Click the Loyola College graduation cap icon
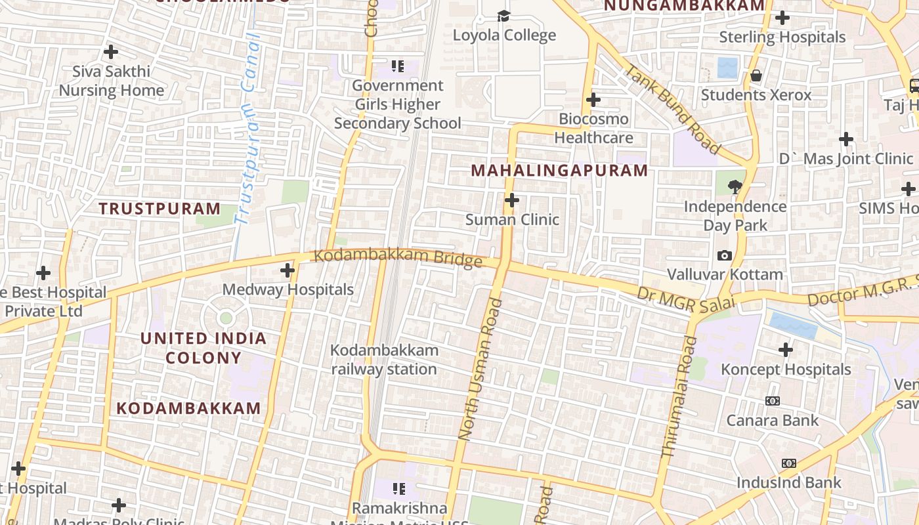(x=503, y=16)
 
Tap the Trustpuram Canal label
(x=248, y=128)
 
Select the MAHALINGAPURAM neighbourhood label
(x=559, y=171)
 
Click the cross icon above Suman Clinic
(x=512, y=200)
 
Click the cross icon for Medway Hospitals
(x=288, y=270)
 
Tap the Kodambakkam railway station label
(x=384, y=360)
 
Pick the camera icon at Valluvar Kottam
(x=725, y=255)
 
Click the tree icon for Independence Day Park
(x=735, y=187)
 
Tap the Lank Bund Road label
(x=672, y=108)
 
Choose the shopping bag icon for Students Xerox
(x=756, y=75)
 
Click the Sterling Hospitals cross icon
(x=782, y=18)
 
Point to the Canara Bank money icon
(x=773, y=401)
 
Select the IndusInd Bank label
(x=788, y=483)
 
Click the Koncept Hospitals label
(x=786, y=369)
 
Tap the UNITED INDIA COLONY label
(x=203, y=348)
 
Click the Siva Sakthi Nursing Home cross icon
(x=111, y=51)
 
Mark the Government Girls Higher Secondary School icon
(x=397, y=66)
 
